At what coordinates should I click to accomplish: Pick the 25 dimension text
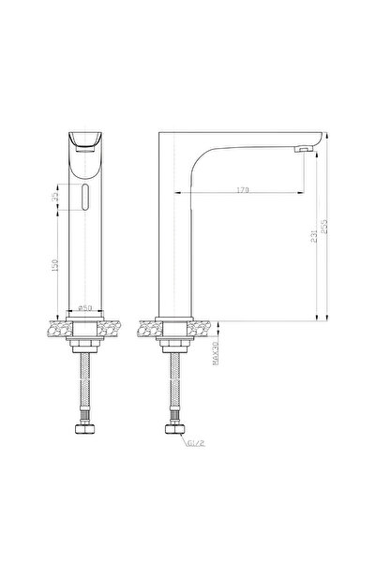58,197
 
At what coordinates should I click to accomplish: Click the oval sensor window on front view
85,197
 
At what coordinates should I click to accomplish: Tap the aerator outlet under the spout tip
302,149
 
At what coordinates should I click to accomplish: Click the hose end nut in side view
172,433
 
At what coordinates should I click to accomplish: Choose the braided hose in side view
172,389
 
